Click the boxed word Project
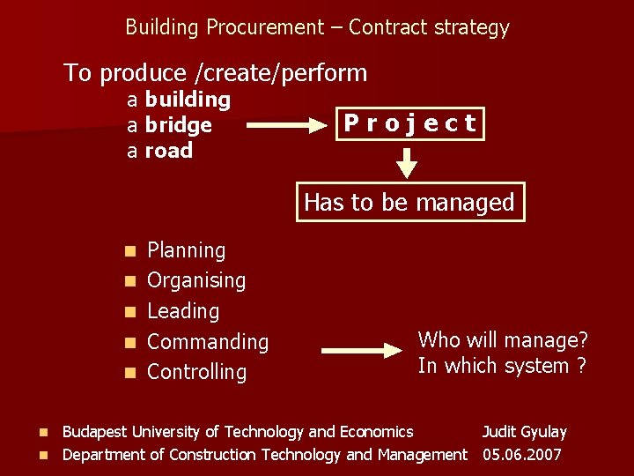[410, 123]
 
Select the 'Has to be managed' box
[409, 202]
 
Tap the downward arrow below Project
[406, 161]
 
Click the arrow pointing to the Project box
[286, 126]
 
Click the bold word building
[188, 100]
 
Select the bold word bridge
[179, 125]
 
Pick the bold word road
[168, 151]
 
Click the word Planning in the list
[187, 250]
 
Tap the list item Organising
[196, 280]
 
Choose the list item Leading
[183, 311]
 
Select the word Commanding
[208, 341]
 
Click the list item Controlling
[197, 372]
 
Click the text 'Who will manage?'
[503, 339]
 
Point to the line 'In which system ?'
[502, 366]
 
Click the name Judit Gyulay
[524, 432]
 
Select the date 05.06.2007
[522, 455]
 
